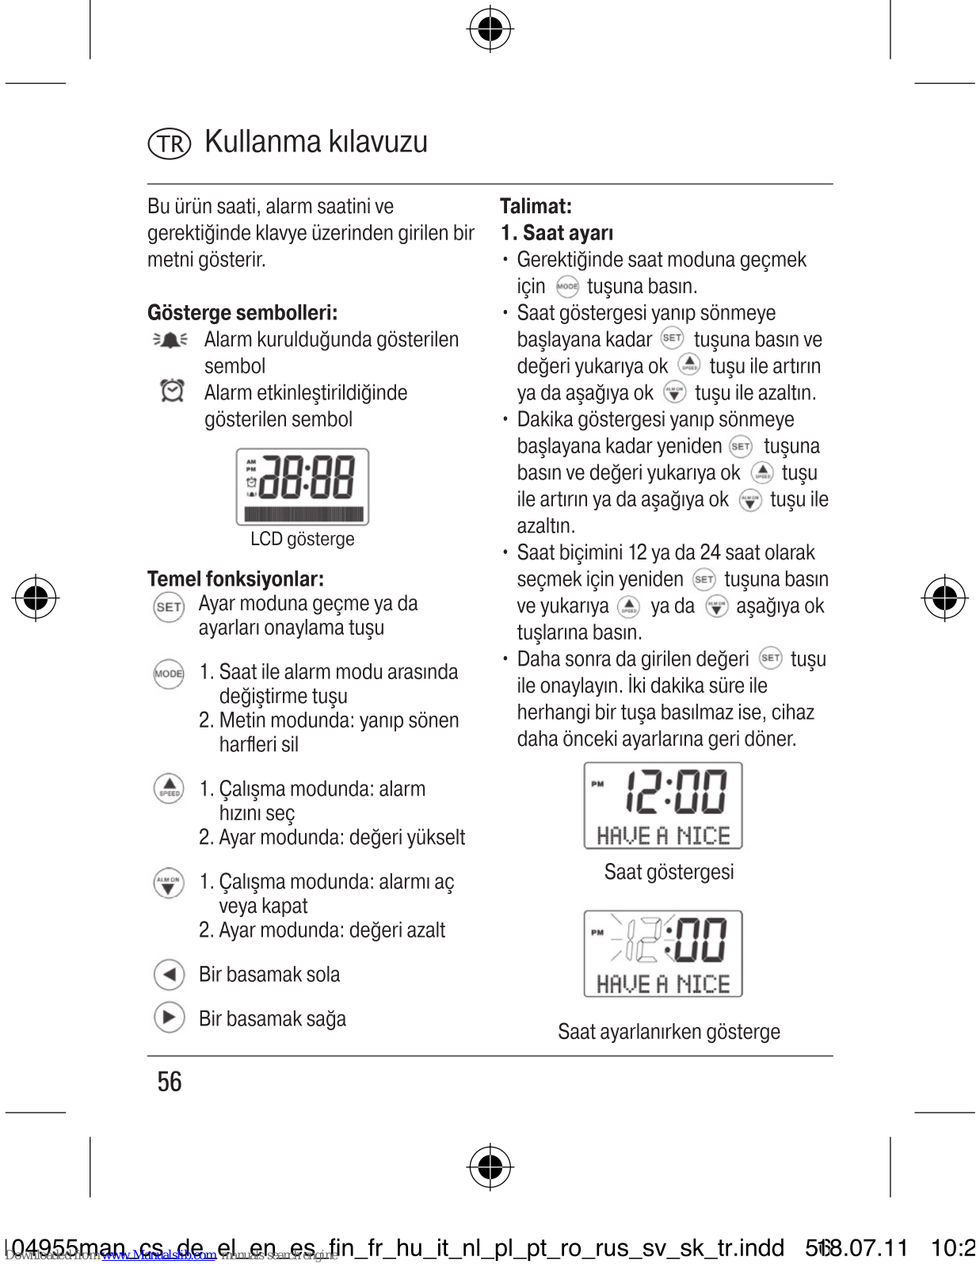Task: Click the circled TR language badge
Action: pyautogui.click(x=170, y=144)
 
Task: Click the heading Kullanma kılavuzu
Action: pyautogui.click(x=316, y=142)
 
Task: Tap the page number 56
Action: pyautogui.click(x=170, y=1082)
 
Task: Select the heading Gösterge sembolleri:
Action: pyautogui.click(x=242, y=312)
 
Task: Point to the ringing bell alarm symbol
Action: pyautogui.click(x=170, y=340)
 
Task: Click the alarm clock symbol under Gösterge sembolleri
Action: pyautogui.click(x=172, y=391)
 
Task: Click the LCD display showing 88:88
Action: pyautogui.click(x=303, y=486)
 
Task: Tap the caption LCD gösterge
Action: pyautogui.click(x=303, y=539)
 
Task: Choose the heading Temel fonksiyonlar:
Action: pyautogui.click(x=235, y=579)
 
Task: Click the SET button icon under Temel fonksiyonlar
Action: pyautogui.click(x=169, y=607)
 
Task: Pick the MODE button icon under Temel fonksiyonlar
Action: pyautogui.click(x=169, y=674)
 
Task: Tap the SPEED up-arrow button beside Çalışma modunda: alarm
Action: pyautogui.click(x=169, y=789)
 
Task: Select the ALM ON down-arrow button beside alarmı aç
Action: pyautogui.click(x=168, y=883)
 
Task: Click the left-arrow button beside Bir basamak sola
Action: pyautogui.click(x=169, y=974)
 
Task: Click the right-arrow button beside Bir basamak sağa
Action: pyautogui.click(x=169, y=1017)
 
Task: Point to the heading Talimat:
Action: pyautogui.click(x=536, y=207)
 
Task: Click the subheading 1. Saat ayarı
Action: pyautogui.click(x=557, y=233)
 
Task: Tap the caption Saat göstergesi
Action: pyautogui.click(x=669, y=872)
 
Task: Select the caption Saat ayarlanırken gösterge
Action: pyautogui.click(x=669, y=1032)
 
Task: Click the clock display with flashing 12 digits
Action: pyautogui.click(x=663, y=953)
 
